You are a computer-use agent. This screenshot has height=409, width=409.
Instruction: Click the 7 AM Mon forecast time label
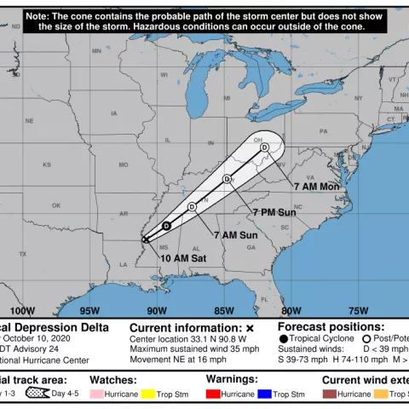point(317,186)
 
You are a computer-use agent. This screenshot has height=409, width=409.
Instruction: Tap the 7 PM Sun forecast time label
point(274,211)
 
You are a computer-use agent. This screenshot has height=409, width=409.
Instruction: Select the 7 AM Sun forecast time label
point(235,234)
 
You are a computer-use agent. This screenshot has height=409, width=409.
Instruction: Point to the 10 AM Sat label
point(183,257)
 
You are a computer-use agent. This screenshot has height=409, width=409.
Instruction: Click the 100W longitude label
point(23,309)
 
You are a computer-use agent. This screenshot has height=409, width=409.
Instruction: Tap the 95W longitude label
point(89,309)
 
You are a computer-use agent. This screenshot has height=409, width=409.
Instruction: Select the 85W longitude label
point(224,309)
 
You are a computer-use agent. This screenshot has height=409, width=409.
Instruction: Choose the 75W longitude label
point(358,309)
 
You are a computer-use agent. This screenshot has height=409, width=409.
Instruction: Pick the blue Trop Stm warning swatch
point(264,395)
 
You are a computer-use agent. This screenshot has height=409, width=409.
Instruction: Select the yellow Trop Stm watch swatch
point(148,395)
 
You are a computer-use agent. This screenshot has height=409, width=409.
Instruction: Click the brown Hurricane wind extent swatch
point(329,395)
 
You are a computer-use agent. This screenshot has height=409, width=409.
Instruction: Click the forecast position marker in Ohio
point(265,148)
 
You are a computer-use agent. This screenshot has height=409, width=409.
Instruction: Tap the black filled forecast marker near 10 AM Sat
point(167,226)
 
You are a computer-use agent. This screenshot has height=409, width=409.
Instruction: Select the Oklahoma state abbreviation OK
point(56,205)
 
